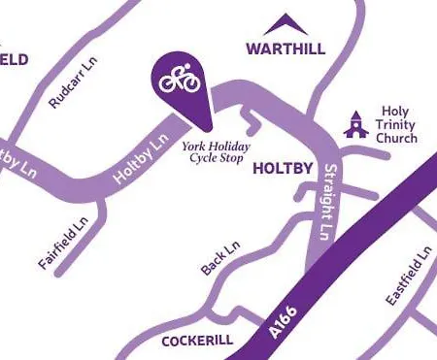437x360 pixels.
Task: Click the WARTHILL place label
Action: pos(285,48)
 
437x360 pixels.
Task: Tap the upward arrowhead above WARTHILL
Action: pos(285,23)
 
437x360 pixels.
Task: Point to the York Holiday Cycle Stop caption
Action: pos(217,152)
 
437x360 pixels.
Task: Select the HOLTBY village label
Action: pos(282,169)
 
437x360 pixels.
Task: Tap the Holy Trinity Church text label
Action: pos(399,125)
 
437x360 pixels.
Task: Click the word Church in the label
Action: pos(399,138)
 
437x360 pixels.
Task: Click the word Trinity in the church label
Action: pos(399,125)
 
